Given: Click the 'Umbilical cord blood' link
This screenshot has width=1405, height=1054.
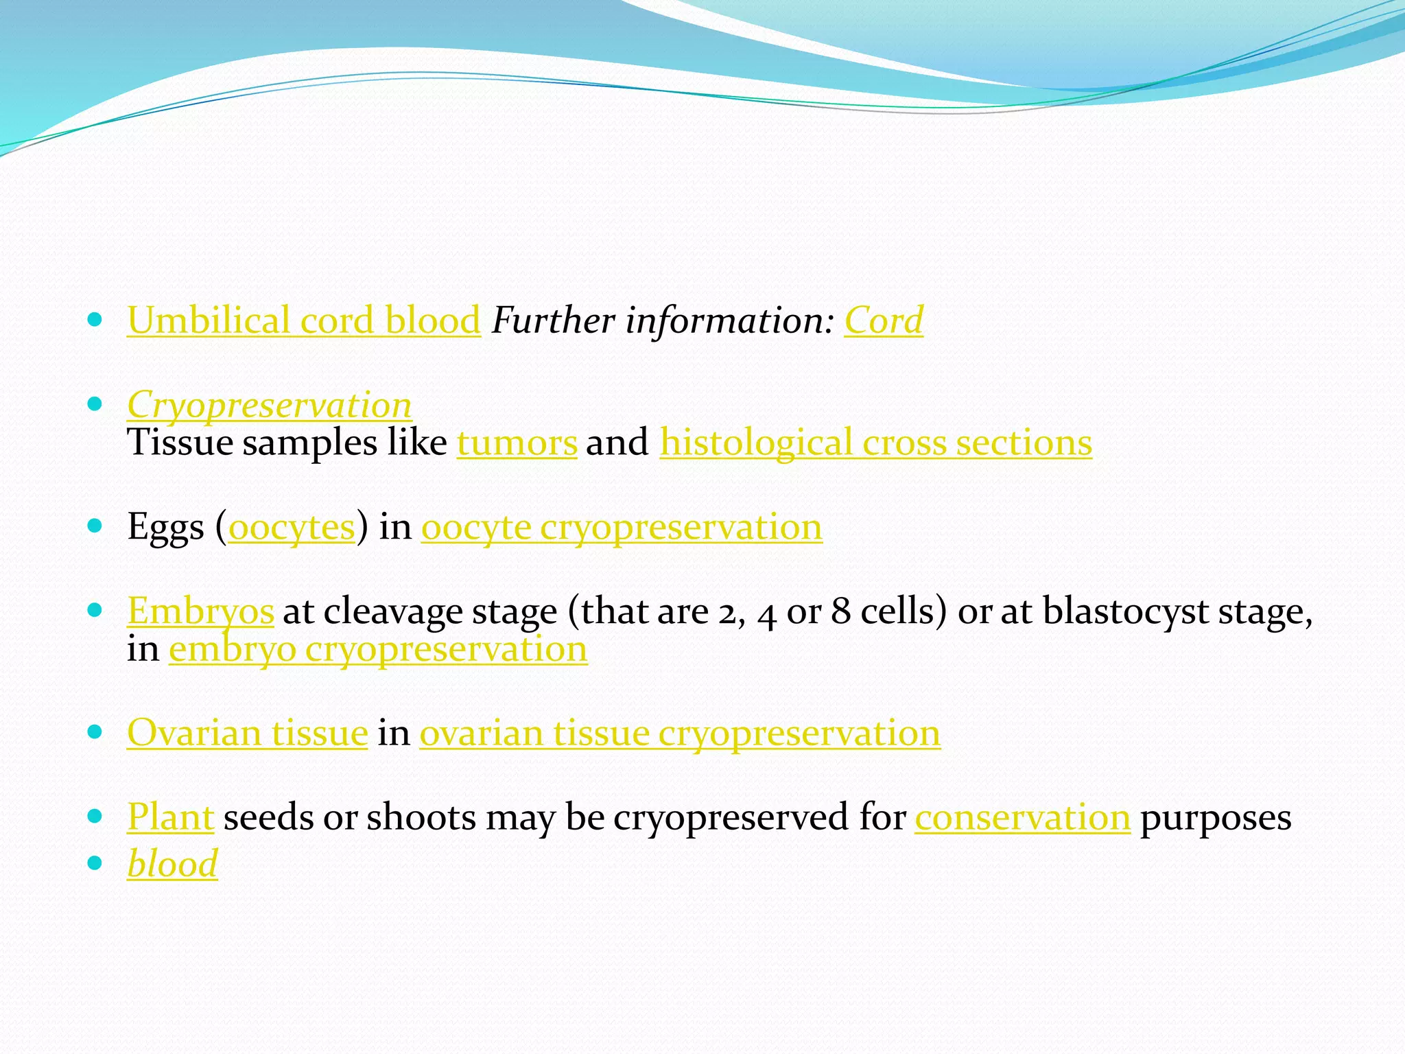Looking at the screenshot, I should tap(303, 320).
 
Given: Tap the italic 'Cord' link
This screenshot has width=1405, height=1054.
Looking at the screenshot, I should tap(884, 320).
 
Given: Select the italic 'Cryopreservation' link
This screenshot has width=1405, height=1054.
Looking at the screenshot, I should tap(269, 405).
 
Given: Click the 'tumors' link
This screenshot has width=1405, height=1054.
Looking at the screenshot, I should tap(517, 443).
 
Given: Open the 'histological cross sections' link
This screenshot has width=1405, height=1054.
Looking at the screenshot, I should tap(875, 443).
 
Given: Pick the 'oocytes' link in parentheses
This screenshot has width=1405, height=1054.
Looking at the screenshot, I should tap(292, 527).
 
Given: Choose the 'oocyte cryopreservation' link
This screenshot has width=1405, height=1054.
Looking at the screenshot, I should tap(622, 527).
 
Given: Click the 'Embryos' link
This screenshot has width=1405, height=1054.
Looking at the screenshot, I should tap(200, 611).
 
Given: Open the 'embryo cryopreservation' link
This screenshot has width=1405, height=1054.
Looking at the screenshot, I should tap(378, 648).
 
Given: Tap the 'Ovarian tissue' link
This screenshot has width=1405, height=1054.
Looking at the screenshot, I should tap(247, 733).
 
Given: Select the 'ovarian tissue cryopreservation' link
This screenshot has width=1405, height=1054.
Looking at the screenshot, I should tap(680, 733).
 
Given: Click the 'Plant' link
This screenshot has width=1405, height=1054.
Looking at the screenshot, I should tap(170, 817).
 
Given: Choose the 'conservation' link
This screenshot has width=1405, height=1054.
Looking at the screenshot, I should tap(1022, 817).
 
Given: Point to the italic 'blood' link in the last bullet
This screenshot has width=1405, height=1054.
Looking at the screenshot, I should tap(172, 863).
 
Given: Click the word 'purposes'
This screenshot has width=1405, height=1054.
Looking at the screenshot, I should tap(1216, 817).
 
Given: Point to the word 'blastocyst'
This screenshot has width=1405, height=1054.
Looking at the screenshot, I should tap(1125, 611).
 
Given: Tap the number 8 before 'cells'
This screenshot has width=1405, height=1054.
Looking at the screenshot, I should tap(841, 611).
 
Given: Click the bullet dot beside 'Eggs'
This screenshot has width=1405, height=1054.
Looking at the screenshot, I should tap(95, 526).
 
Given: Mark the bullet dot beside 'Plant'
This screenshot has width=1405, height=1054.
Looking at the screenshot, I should tap(95, 816).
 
